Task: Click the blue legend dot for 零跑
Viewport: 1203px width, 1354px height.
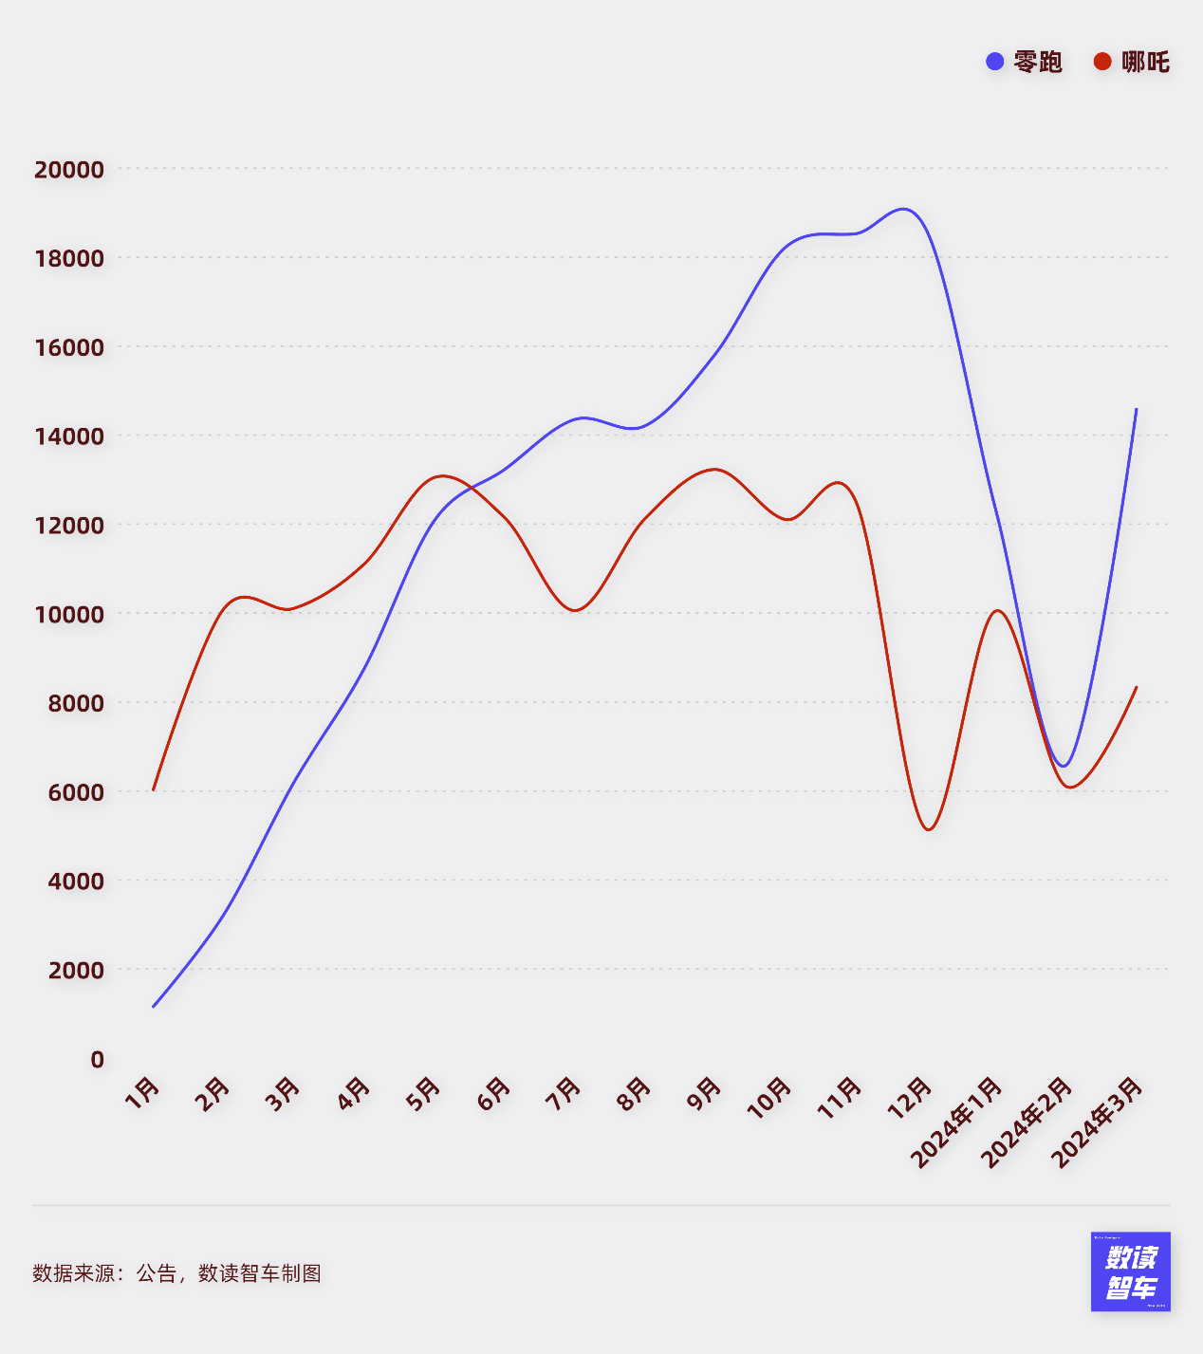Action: click(994, 62)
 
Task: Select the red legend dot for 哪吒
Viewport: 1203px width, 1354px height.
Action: click(1102, 62)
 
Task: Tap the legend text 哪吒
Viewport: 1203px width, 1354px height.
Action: click(1145, 62)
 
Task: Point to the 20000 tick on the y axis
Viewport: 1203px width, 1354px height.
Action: click(69, 170)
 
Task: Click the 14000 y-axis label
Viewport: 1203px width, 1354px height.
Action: click(69, 436)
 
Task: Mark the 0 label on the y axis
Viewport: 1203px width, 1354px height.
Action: click(97, 1059)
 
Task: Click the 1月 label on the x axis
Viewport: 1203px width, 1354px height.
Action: click(143, 1093)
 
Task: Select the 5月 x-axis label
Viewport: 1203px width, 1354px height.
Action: click(424, 1093)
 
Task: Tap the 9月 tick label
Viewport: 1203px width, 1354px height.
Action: click(705, 1093)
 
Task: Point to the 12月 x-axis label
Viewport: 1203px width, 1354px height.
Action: click(910, 1096)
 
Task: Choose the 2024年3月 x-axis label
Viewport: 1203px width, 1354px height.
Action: click(1098, 1122)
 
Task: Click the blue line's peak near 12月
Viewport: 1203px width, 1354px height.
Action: click(903, 209)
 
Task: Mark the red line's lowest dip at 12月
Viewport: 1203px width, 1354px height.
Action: click(929, 830)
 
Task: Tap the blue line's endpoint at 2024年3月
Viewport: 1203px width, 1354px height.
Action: click(1137, 409)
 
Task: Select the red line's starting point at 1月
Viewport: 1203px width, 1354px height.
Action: click(153, 789)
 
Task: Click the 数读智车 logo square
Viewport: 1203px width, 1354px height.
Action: click(1130, 1271)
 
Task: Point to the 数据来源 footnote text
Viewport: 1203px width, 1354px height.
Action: click(176, 1273)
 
